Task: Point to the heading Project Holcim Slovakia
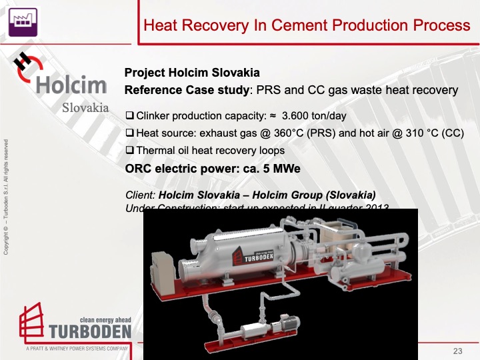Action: tap(192, 73)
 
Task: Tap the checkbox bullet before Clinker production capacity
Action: tap(130, 117)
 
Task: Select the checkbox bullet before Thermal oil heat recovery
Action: tap(130, 151)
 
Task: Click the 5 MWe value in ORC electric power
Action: tap(284, 169)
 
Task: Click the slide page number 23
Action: tap(457, 351)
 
